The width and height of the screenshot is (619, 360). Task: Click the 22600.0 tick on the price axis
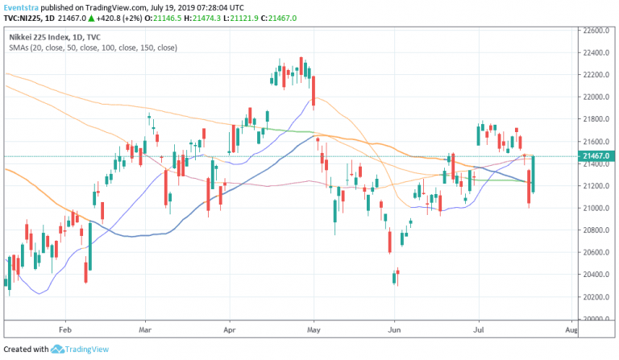[x=597, y=31]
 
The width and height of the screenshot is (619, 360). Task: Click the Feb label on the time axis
[x=66, y=329]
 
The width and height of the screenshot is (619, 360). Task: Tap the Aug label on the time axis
[x=571, y=329]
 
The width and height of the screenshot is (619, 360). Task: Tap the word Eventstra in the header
[x=20, y=6]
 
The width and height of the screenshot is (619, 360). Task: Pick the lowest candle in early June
[x=394, y=278]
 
